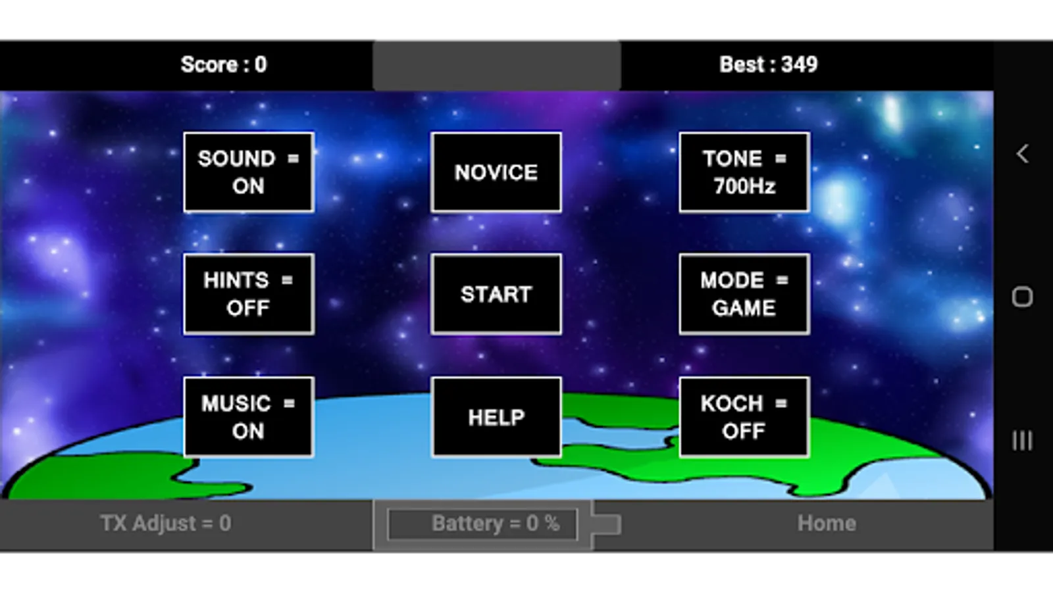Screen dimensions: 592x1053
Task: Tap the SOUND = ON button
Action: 248,172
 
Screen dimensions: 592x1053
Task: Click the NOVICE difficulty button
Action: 496,172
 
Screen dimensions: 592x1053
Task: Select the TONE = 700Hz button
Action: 744,172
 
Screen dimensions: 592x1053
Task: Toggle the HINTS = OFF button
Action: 248,294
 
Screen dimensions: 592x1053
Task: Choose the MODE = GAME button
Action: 744,294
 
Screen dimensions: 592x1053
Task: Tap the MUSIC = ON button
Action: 248,417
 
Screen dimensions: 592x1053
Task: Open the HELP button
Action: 496,417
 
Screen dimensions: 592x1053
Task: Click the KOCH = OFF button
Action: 744,417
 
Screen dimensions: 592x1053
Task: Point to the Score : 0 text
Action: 224,64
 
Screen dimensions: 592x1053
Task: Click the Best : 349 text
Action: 768,64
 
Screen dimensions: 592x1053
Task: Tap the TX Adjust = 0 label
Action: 166,524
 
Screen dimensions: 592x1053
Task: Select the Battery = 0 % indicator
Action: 483,524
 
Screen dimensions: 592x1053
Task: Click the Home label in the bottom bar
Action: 827,524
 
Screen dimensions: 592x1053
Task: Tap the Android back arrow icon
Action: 1022,154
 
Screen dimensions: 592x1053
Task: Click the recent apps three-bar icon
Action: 1022,440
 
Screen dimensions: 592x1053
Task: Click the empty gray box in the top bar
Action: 496,64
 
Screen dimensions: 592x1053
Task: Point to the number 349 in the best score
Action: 799,64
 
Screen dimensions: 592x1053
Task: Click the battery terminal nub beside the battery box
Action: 607,524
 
